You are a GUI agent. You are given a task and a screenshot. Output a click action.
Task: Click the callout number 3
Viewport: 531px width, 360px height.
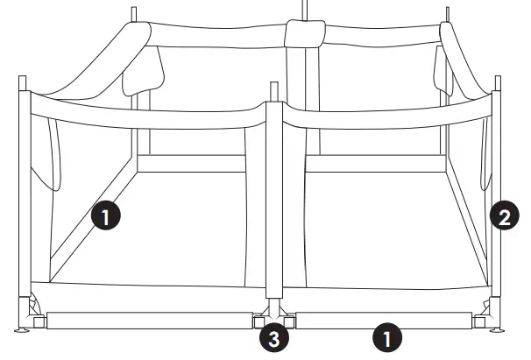coord(274,338)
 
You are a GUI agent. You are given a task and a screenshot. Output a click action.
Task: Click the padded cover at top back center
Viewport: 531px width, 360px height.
coord(304,34)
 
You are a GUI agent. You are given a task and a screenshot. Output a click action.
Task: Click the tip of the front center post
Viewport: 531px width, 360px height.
coord(274,87)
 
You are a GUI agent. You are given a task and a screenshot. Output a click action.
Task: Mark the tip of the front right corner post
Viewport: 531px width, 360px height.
coord(499,80)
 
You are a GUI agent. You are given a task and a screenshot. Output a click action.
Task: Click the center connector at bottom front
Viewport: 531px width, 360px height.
coord(273,314)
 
